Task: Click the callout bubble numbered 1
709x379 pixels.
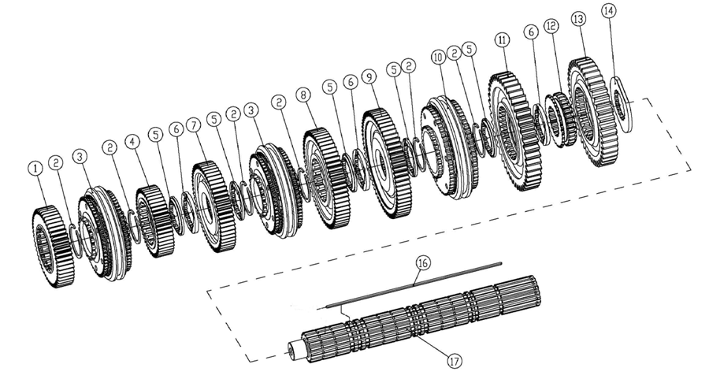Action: [34, 168]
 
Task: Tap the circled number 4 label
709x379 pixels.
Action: [133, 143]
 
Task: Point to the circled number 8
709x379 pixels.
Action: [303, 93]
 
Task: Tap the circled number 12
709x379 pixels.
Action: [551, 26]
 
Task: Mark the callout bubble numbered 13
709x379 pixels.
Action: [579, 19]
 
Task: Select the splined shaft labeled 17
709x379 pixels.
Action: [410, 324]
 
